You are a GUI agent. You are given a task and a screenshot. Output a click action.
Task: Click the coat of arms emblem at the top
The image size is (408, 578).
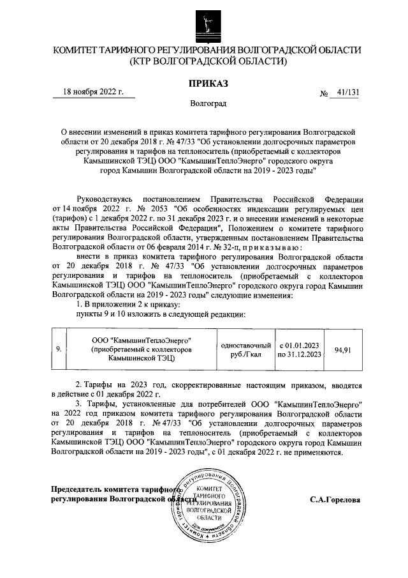[x=204, y=23]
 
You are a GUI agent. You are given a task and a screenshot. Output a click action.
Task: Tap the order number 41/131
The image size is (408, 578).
[x=347, y=93]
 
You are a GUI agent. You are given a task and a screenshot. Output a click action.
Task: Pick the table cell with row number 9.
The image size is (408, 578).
[x=59, y=350]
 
